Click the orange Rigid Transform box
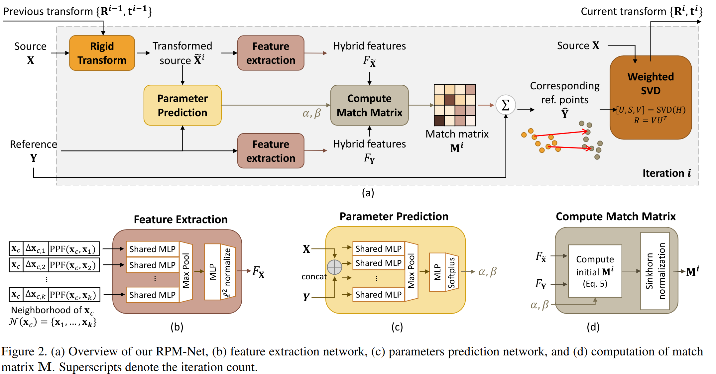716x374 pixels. pos(102,53)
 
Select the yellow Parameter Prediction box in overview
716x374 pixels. pos(182,105)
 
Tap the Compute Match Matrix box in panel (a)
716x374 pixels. pos(369,105)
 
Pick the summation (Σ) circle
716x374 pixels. pos(505,105)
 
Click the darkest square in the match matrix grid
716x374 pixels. pos(439,121)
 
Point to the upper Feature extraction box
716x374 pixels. pos(271,53)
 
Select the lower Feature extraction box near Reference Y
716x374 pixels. pos(271,151)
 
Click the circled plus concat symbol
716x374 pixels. pos(334,267)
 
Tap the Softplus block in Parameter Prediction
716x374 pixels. pos(451,272)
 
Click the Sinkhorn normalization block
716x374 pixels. pos(655,271)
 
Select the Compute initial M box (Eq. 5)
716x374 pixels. pos(595,271)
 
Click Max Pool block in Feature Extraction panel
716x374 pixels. pos(186,271)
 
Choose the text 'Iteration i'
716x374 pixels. pos(666,173)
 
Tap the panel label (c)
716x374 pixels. pos(397,327)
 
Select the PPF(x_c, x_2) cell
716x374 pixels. pos(74,265)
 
